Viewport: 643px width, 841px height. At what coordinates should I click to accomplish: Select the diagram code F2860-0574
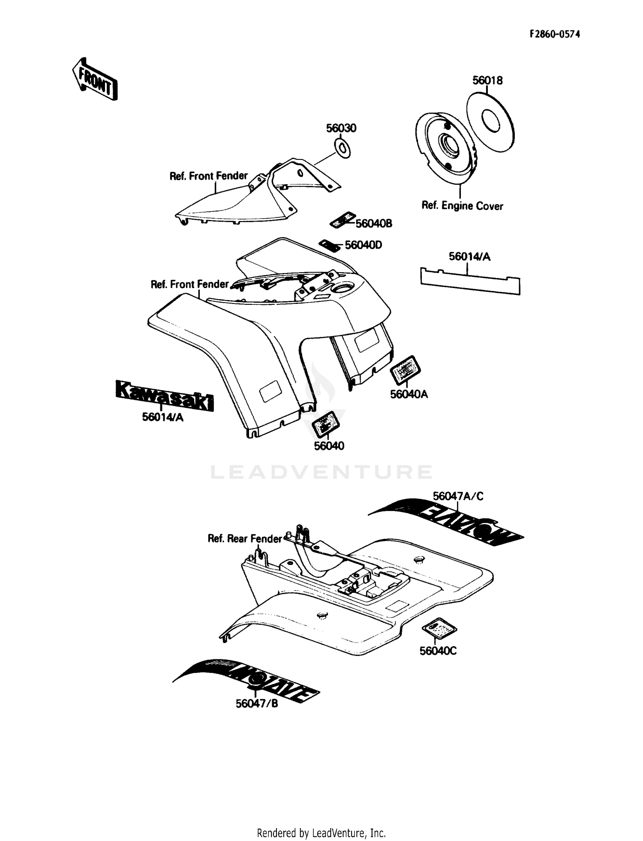tap(555, 34)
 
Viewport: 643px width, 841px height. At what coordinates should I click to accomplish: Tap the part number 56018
tap(487, 80)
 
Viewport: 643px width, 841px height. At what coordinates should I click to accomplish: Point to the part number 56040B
tap(374, 224)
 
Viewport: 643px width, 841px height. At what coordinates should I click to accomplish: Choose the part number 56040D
tap(363, 245)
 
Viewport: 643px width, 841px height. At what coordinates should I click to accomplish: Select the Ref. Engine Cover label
tap(462, 206)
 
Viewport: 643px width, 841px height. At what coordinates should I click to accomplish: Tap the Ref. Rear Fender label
tap(244, 538)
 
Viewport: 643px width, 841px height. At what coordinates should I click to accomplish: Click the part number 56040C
tap(438, 651)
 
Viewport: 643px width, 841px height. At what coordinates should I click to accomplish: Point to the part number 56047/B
tap(257, 704)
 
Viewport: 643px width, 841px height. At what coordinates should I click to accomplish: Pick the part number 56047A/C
tap(458, 496)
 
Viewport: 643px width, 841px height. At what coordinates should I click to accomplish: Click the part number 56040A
tap(409, 394)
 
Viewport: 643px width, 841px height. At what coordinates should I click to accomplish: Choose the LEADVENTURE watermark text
tap(321, 472)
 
